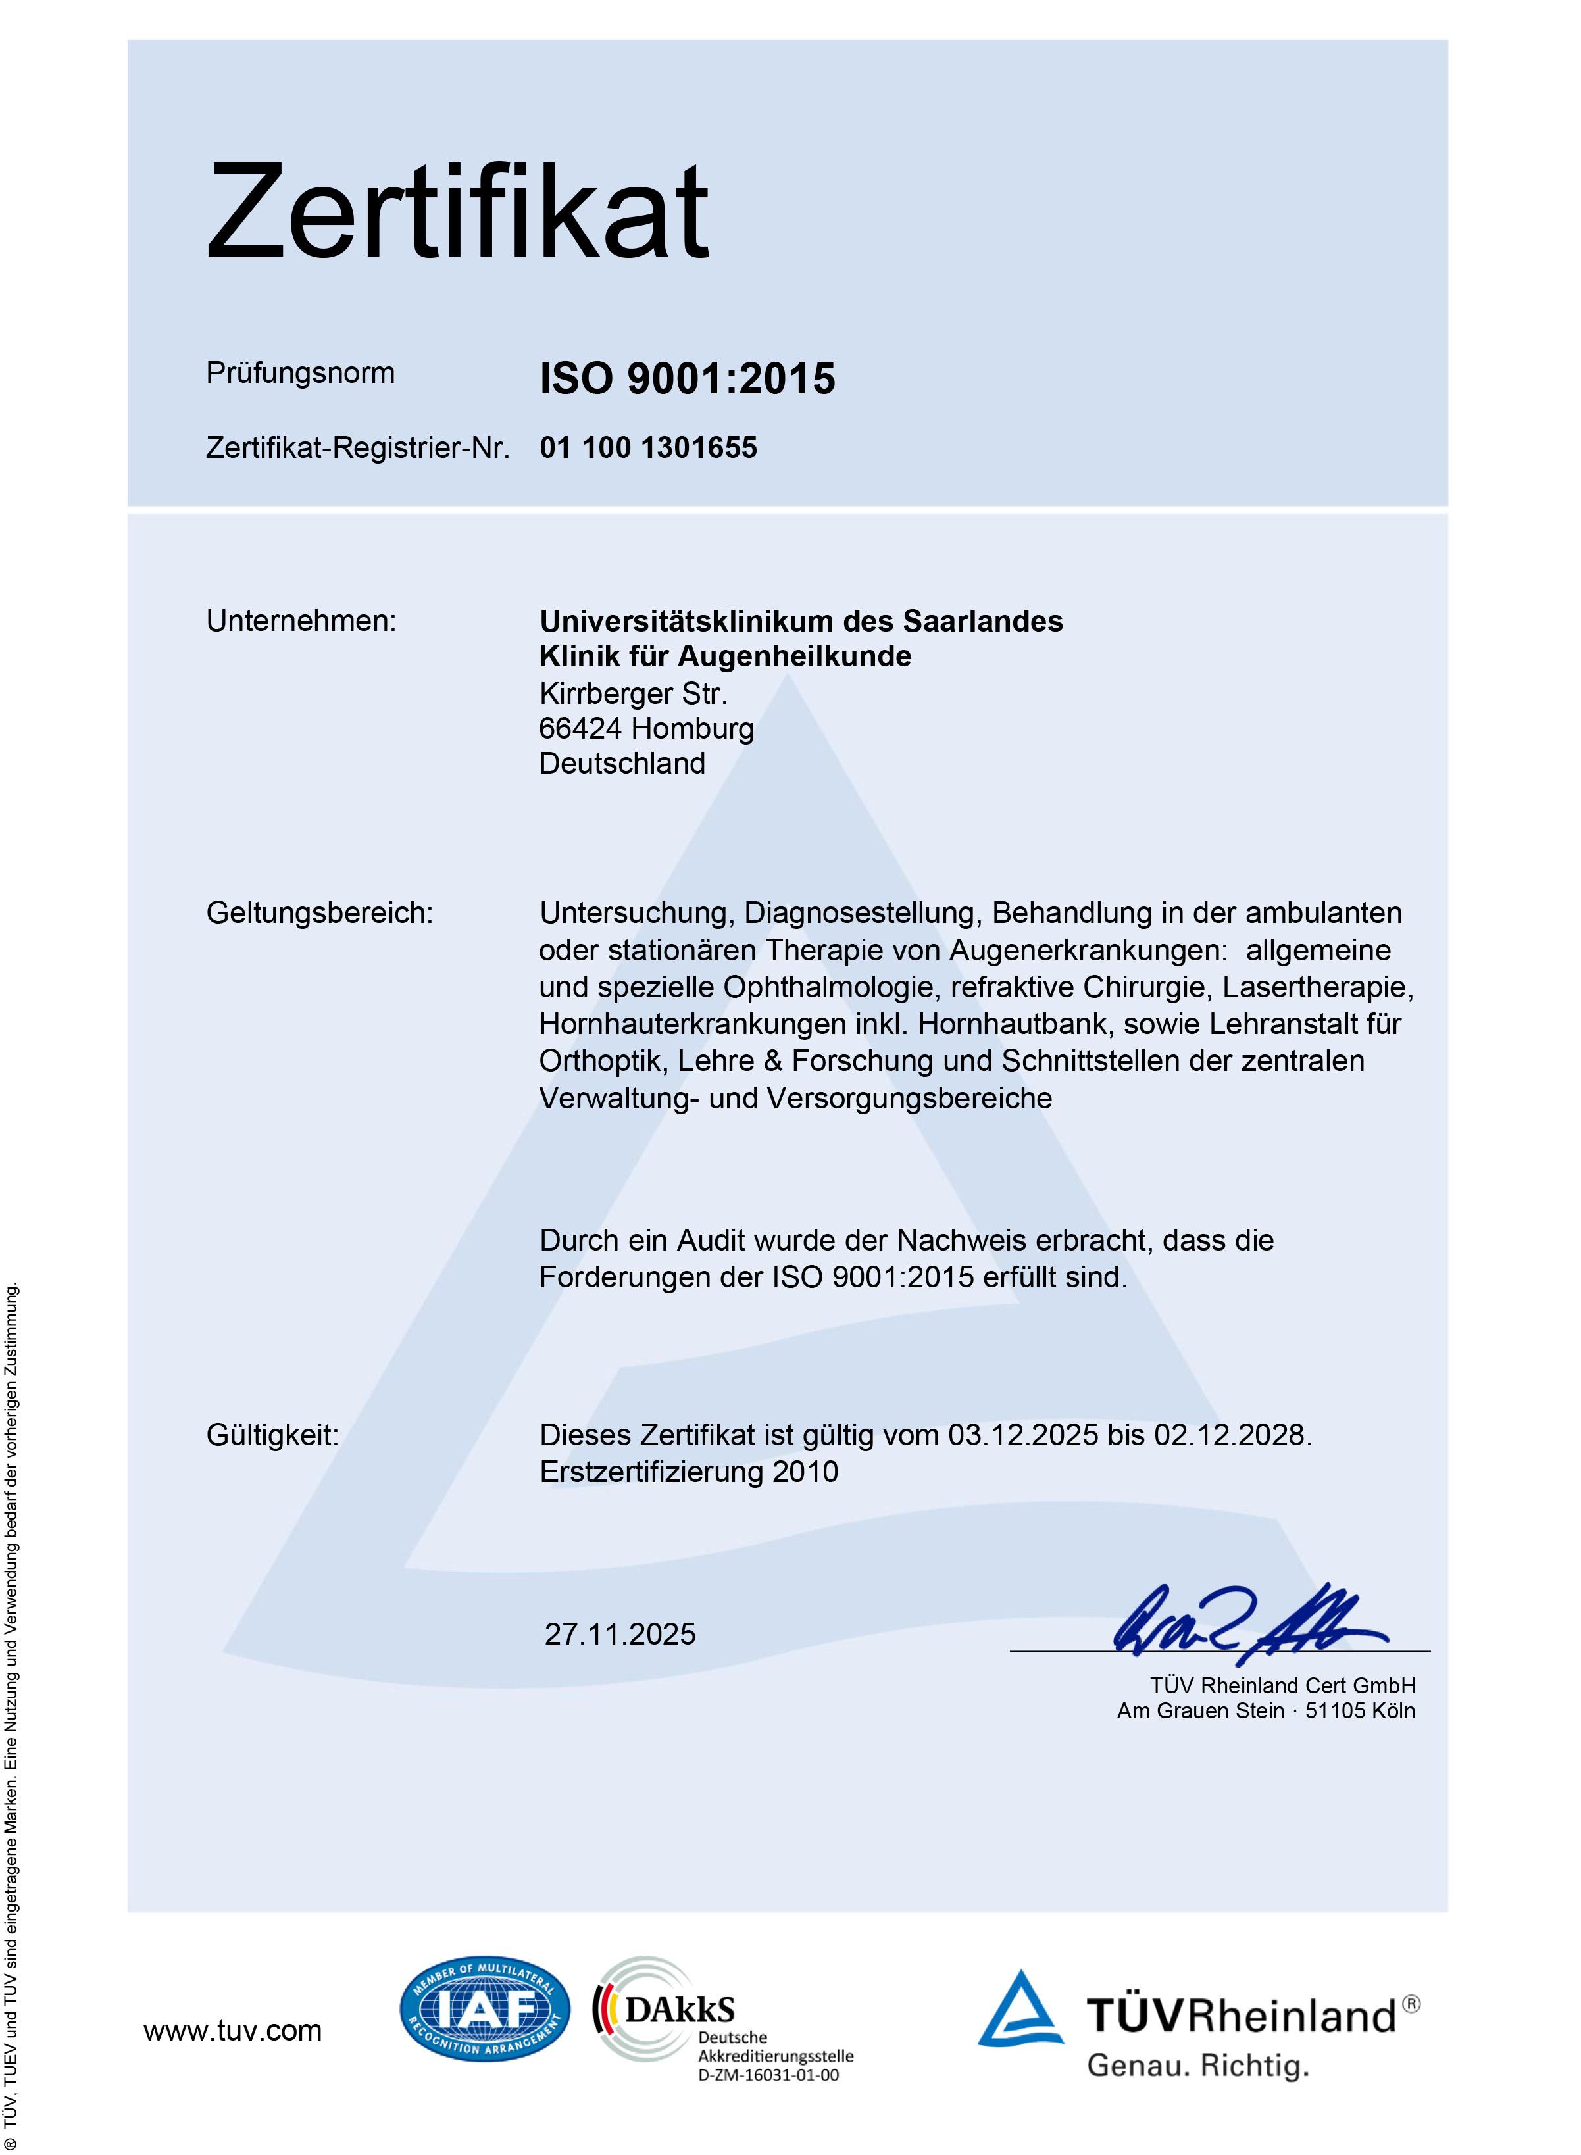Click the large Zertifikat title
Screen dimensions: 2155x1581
457,212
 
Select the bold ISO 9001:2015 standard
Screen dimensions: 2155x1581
687,379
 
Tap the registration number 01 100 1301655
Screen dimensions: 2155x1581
648,448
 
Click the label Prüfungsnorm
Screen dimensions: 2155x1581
299,372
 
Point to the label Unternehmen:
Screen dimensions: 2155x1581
301,621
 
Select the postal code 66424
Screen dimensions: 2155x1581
580,728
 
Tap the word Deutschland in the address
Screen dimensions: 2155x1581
622,764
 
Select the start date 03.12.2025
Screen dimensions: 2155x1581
1022,1435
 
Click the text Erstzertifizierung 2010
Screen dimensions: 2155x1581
688,1472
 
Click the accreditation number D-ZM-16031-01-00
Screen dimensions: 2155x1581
768,2075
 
